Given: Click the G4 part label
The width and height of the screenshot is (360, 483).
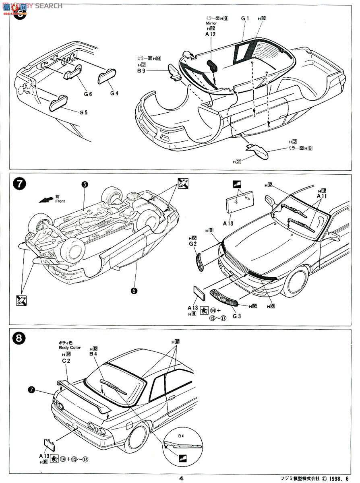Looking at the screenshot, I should click(114, 93).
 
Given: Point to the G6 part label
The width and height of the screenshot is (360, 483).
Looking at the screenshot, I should click(88, 94).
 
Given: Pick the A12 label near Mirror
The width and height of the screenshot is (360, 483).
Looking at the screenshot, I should click(211, 35).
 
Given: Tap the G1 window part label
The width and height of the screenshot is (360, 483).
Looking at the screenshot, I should click(245, 18).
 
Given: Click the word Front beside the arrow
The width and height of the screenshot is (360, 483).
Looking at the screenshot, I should click(60, 201).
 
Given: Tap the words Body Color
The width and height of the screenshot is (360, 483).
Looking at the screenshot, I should click(69, 347).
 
